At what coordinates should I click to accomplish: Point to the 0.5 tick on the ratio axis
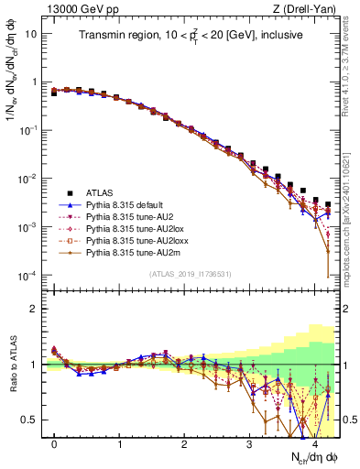click(34, 420)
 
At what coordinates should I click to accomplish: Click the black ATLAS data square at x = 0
click(55, 93)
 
